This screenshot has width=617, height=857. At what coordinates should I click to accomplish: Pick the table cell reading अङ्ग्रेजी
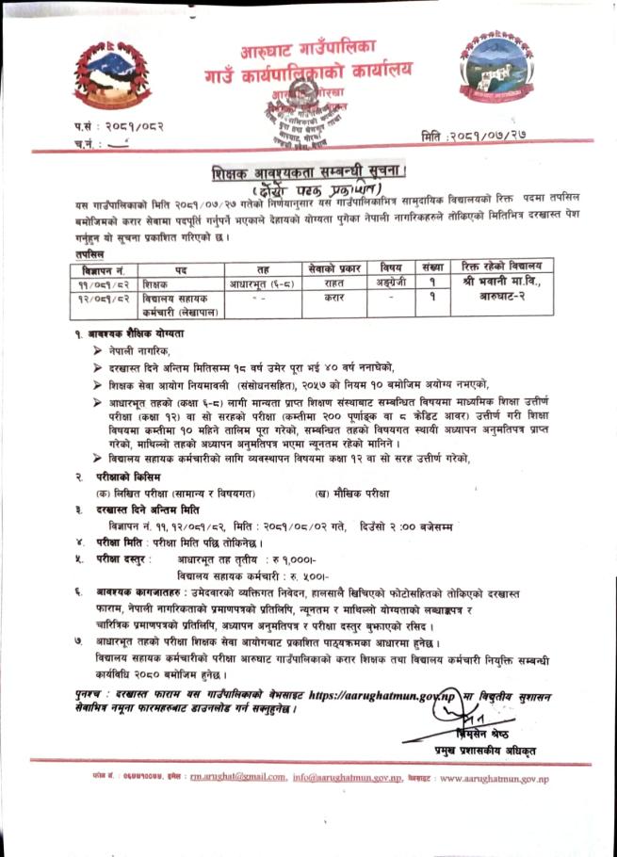385,283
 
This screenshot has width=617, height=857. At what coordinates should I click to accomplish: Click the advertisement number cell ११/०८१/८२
106,283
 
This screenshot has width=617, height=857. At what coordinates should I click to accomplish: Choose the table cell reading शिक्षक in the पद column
155,283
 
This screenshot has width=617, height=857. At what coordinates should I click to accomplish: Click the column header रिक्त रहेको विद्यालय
500,267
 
